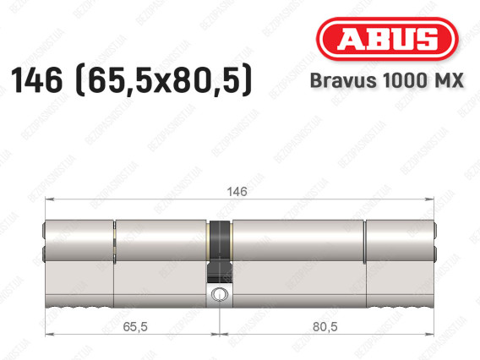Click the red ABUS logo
pos(387,39)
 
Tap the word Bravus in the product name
pos(343,80)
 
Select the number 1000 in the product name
pos(403,80)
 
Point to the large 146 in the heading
pos(36,80)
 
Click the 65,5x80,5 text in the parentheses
pos(163,81)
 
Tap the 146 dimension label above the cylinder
pos(237,192)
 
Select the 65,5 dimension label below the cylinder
pos(135,327)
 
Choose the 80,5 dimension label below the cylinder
pos(325,327)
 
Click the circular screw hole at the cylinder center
pos(219,295)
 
